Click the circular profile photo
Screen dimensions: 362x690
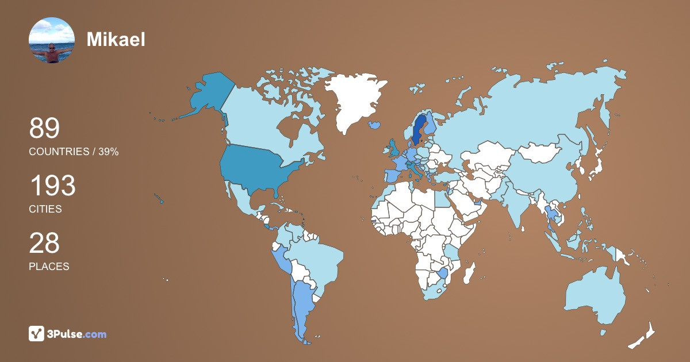pos(52,40)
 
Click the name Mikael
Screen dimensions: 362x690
pos(116,39)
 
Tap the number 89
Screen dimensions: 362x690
pos(44,128)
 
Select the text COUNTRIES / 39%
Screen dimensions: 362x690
pos(74,152)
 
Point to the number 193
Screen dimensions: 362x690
pos(52,186)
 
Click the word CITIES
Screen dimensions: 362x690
pos(45,209)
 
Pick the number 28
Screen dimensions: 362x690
pos(44,243)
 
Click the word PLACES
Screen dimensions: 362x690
pos(49,267)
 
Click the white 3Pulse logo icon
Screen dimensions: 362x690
pos(37,334)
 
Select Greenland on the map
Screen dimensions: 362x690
pos(351,98)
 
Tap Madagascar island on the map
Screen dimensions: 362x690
pos(470,272)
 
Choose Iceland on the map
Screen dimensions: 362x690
pos(375,124)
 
